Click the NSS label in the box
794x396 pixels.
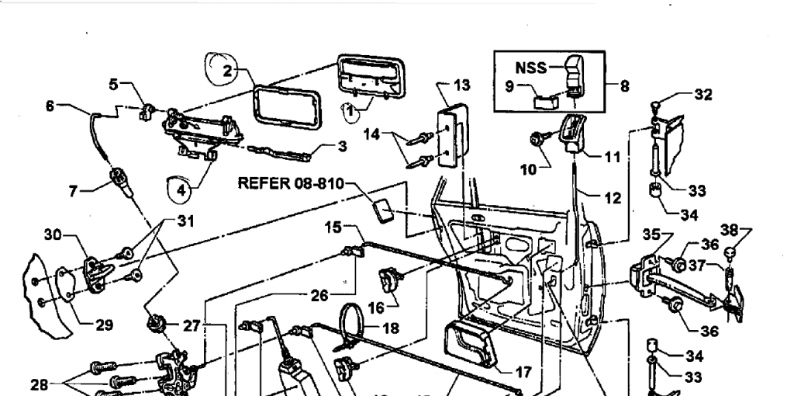coord(531,68)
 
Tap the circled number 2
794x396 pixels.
coord(227,71)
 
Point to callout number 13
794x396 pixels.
coord(461,85)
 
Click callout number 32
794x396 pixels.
coord(703,95)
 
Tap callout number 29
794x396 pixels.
coord(104,325)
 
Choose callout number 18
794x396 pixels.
coord(391,328)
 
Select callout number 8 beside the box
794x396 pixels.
coord(624,86)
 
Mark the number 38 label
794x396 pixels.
coord(729,230)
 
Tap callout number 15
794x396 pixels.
coord(333,228)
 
